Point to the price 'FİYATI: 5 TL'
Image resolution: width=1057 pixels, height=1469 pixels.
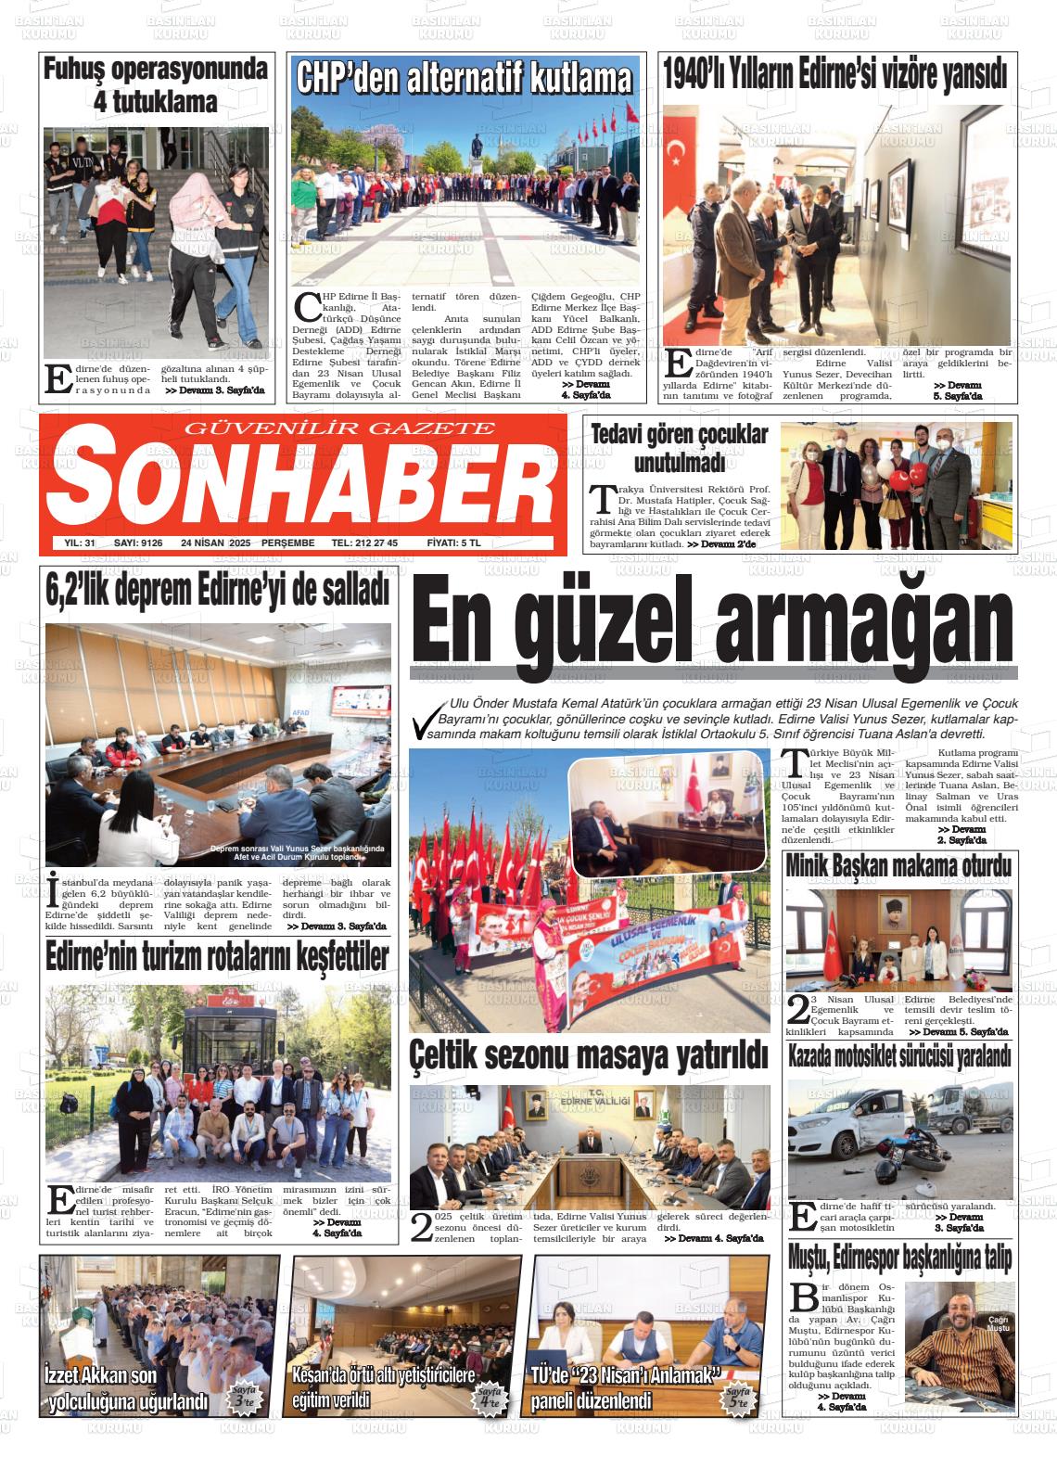453,543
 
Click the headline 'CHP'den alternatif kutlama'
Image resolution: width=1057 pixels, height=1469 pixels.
464,78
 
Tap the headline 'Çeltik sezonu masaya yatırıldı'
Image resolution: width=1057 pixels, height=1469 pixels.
590,1054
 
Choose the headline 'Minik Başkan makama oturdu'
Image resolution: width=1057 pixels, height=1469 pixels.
898,866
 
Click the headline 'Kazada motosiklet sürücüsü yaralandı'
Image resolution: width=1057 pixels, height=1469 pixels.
898,1055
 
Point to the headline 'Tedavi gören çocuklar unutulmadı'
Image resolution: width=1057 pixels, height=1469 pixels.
680,448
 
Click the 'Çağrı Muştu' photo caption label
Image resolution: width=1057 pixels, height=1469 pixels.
998,1324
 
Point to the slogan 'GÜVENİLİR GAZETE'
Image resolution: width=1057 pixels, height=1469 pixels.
340,428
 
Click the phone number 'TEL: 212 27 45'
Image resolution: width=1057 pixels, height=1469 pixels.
364,543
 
